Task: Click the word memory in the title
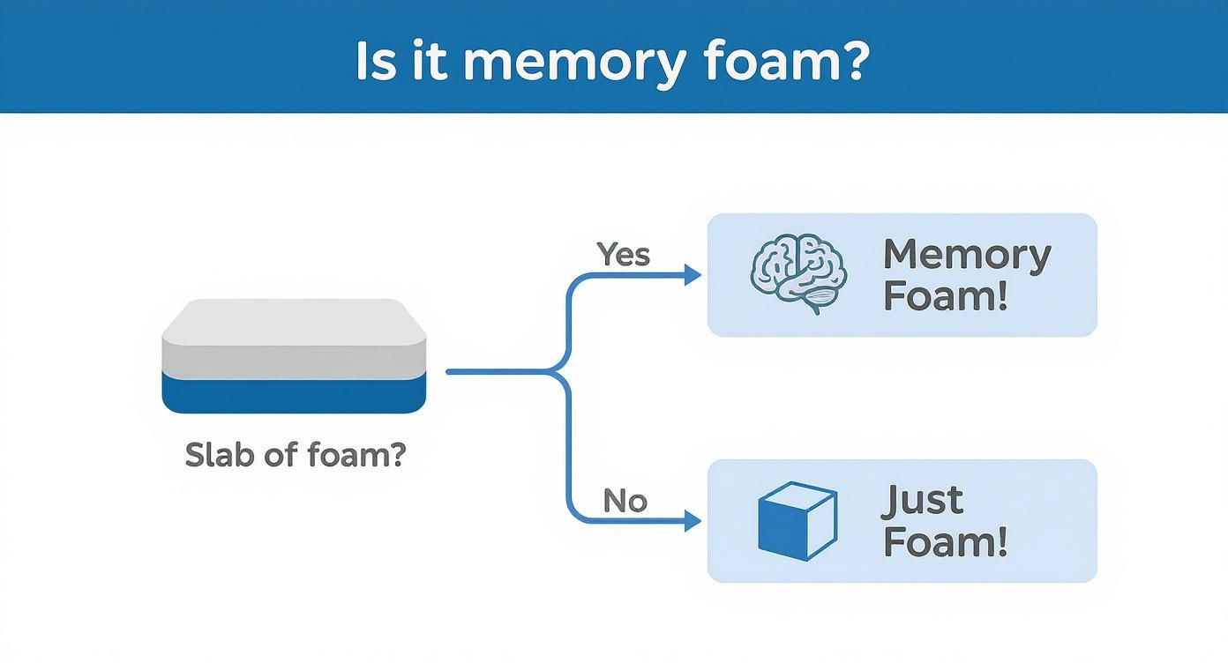pos(572,62)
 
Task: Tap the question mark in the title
pos(853,60)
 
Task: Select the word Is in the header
pos(376,60)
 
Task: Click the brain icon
pos(797,274)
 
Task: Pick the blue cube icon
pos(797,520)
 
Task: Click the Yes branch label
pos(624,254)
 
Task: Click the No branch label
pos(625,501)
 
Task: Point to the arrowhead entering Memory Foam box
pos(693,275)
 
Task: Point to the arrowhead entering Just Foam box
pos(693,521)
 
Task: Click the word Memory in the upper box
pos(967,255)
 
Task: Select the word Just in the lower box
pos(922,501)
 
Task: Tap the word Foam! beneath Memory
pos(944,296)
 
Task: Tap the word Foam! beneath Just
pos(944,541)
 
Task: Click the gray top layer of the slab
pos(294,335)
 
